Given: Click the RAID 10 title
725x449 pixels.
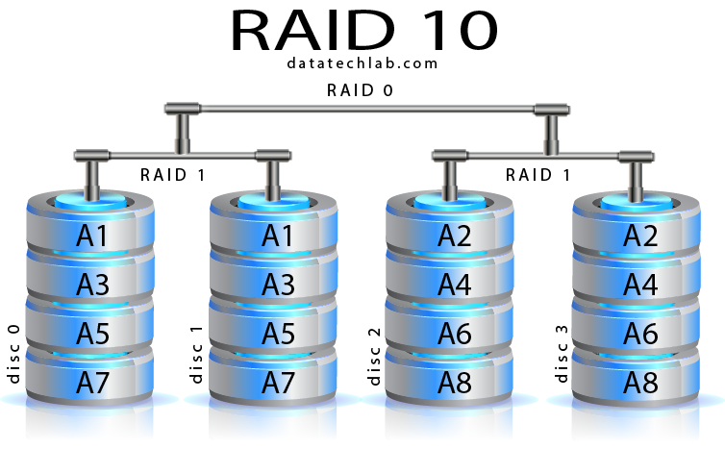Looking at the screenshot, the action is click(363, 31).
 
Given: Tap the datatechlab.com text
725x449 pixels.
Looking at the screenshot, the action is click(362, 62).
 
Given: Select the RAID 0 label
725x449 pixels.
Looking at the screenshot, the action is click(360, 90).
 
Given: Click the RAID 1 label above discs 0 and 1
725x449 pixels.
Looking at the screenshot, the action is click(172, 175).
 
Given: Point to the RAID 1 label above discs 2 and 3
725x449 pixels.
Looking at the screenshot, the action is click(537, 175).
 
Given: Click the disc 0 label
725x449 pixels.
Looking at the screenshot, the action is click(13, 354).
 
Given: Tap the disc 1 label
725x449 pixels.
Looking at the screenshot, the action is click(196, 354).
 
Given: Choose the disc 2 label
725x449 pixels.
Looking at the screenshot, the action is click(374, 356).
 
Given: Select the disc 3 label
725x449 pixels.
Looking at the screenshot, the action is click(562, 354).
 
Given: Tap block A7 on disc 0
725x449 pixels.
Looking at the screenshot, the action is click(89, 378).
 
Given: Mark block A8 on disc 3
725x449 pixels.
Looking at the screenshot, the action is click(637, 378).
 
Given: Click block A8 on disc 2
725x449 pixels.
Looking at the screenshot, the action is click(449, 378).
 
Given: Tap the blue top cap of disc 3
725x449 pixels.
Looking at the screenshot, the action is click(637, 202).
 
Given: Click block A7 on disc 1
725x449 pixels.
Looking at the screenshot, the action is click(274, 378).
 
